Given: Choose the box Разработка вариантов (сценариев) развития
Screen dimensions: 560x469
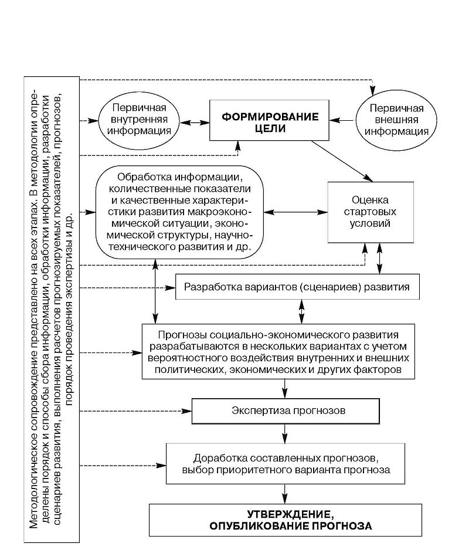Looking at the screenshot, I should pyautogui.click(x=301, y=287).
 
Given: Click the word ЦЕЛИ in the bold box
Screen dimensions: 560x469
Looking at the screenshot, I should pyautogui.click(x=270, y=129).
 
